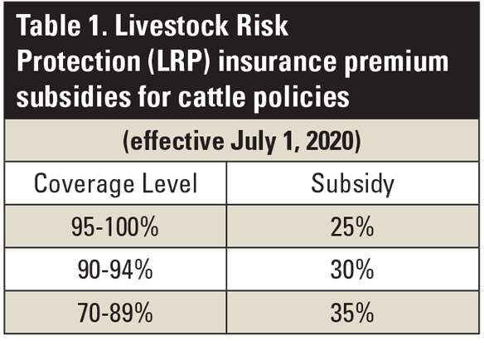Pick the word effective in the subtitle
coord(171,140)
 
